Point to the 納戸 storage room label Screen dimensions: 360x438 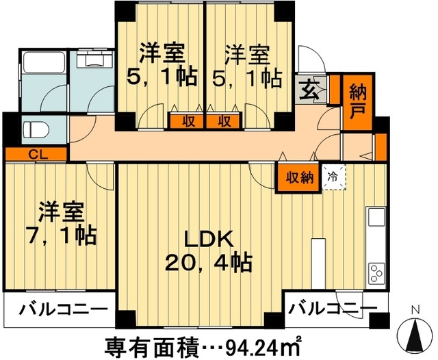(357, 101)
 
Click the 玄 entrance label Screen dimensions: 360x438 (309, 89)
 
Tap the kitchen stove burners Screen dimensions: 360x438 (377, 272)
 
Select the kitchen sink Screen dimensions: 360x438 (376, 218)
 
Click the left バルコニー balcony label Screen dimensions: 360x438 (58, 309)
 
